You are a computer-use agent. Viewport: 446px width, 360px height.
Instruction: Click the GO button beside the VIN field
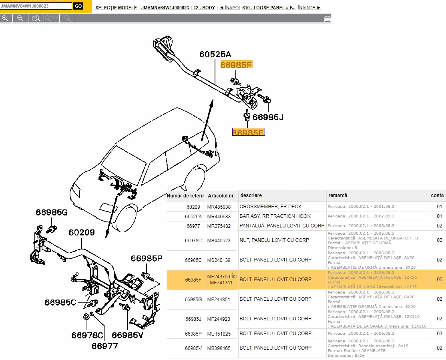(78, 6)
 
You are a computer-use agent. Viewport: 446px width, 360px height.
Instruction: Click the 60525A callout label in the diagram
(215, 54)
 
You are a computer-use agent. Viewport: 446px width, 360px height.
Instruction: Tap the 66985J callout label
(267, 117)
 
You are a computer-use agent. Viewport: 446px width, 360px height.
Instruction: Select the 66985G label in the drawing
(52, 212)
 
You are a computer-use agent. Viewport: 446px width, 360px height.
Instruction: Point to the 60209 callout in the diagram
(81, 232)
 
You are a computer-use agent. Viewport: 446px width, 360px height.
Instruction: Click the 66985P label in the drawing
(147, 259)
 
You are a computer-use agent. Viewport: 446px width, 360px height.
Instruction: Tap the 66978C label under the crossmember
(87, 335)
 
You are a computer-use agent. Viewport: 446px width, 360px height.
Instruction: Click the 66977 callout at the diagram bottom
(104, 346)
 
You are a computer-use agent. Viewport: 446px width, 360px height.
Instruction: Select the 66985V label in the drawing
(127, 335)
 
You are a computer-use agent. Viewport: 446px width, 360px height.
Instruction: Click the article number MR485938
(219, 207)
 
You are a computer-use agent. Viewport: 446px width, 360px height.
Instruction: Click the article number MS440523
(219, 241)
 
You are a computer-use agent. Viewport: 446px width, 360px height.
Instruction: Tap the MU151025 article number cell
(219, 334)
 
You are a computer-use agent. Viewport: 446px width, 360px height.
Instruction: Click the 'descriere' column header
(251, 195)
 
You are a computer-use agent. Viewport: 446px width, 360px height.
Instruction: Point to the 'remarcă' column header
(338, 195)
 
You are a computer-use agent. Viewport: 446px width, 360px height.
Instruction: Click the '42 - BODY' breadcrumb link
(204, 8)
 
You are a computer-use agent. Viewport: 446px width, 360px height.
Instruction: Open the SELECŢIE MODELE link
(116, 8)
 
